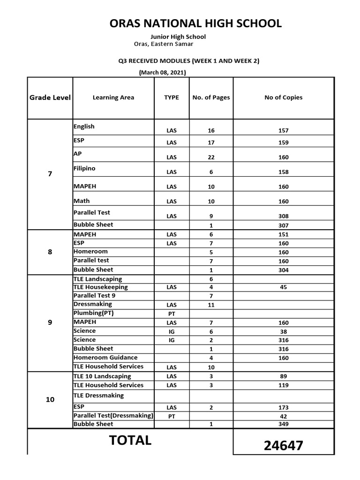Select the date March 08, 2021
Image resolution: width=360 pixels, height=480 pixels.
[x=163, y=73]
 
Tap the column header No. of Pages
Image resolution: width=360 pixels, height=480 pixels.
[x=211, y=97]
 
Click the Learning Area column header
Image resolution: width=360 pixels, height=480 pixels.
[x=113, y=97]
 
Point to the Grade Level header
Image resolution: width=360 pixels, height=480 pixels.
[x=50, y=97]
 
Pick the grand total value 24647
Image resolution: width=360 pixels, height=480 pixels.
[x=284, y=446]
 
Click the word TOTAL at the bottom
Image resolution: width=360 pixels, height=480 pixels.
[x=130, y=441]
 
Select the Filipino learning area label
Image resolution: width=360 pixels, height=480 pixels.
[x=84, y=168]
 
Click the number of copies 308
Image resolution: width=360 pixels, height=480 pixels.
[x=283, y=217]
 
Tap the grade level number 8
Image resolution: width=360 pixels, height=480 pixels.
[x=50, y=252]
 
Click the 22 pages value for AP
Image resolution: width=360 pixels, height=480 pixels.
[x=211, y=157]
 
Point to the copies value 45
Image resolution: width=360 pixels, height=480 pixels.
[x=283, y=287]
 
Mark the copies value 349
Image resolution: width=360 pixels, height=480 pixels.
[x=283, y=424]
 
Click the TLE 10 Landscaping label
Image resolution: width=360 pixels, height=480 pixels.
[x=102, y=376]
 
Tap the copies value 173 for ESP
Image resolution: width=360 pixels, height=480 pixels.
[x=283, y=408]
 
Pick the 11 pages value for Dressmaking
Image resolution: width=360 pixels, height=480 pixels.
[x=211, y=305]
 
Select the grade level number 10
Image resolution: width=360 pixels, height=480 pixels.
[x=50, y=399]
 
